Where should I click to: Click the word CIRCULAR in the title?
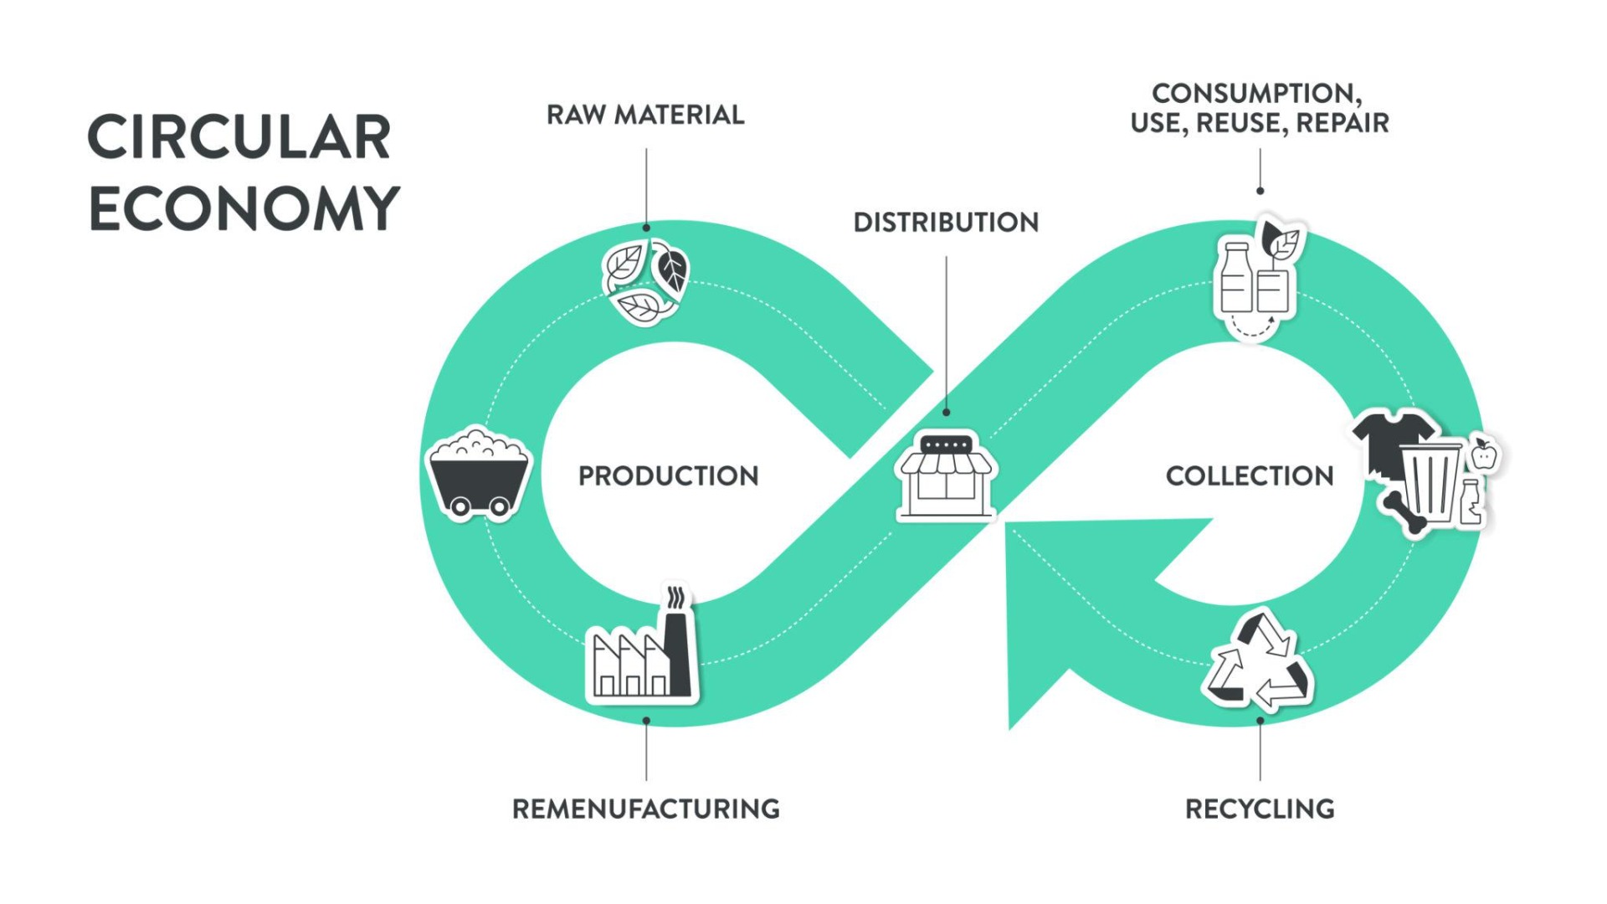coord(239,137)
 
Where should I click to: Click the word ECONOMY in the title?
coord(244,208)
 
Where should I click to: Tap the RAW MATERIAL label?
coord(645,115)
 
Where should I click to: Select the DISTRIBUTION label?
coord(946,223)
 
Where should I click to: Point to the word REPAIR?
coord(1342,124)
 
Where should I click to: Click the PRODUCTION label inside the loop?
coord(668,476)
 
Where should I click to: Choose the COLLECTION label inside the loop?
coord(1249,476)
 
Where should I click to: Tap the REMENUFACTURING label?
coord(645,809)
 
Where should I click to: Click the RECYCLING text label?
coord(1260,809)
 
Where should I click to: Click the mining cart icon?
coord(479,475)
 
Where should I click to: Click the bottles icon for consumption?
coord(1254,280)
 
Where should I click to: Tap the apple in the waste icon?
coord(1484,455)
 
